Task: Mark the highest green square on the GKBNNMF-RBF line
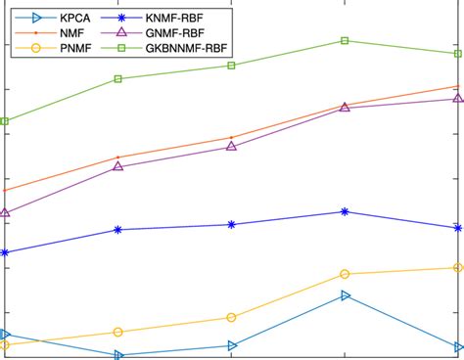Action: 345,40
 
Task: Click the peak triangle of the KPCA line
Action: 345,294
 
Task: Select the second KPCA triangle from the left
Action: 118,355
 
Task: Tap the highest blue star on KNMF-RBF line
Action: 345,211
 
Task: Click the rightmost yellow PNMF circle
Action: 458,267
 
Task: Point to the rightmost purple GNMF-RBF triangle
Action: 458,98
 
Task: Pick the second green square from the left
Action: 118,78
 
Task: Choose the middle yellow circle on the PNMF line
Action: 231,317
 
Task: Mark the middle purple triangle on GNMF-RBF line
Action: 231,146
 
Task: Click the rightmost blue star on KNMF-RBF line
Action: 458,228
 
